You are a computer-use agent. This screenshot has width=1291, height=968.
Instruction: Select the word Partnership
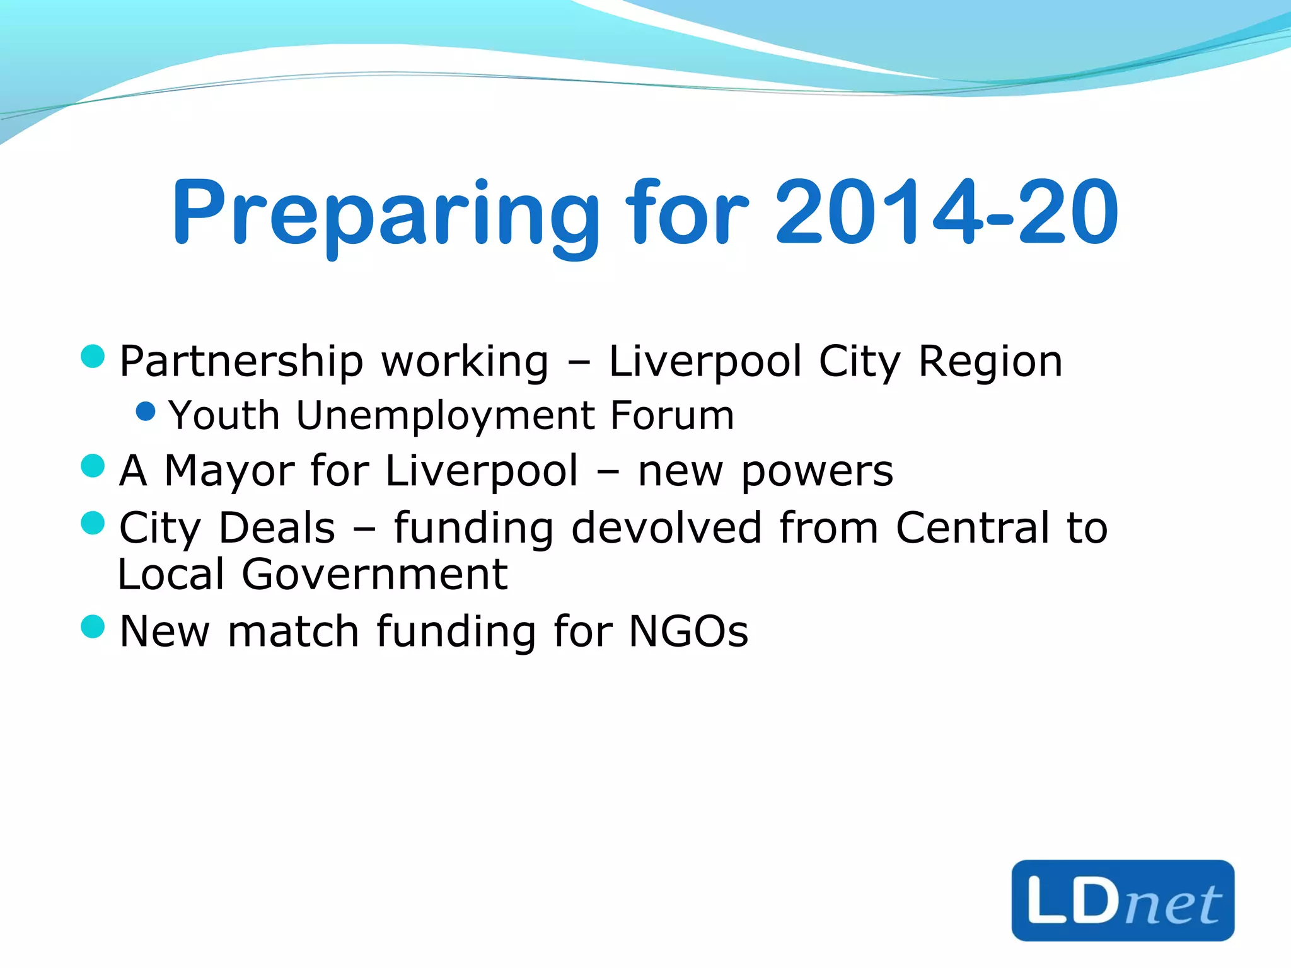241,362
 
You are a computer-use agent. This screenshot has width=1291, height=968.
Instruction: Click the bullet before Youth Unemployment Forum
146,412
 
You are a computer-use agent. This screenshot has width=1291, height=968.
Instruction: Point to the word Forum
672,415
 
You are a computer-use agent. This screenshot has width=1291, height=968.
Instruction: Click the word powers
818,471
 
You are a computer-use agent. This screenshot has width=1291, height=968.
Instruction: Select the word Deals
277,527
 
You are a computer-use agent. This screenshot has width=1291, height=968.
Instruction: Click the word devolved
666,527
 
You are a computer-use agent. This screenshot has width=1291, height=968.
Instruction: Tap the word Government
375,574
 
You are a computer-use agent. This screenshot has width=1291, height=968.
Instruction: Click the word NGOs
688,631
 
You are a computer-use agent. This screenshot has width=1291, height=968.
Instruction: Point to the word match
293,631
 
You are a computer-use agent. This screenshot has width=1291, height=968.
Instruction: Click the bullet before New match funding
93,627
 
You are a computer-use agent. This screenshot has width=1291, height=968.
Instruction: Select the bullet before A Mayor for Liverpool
93,466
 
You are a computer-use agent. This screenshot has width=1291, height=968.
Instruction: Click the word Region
990,362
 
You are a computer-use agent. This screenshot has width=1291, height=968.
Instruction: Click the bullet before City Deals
93,523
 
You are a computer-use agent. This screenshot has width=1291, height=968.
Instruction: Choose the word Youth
224,415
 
